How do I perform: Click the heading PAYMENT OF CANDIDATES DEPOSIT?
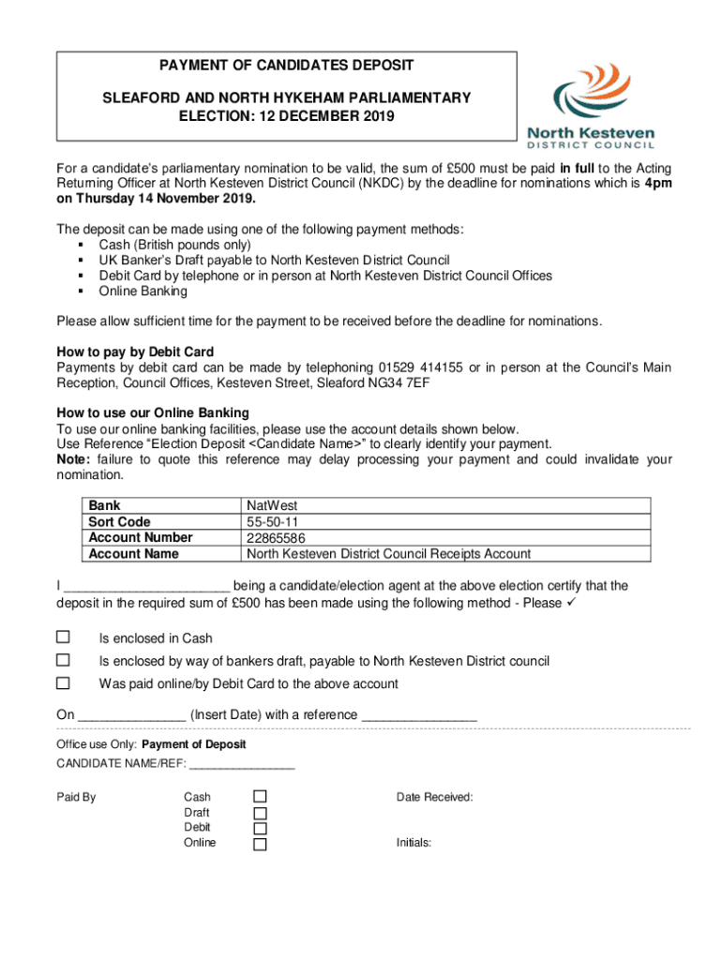pyautogui.click(x=286, y=66)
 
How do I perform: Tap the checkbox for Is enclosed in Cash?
pyautogui.click(x=64, y=637)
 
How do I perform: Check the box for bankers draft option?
pyautogui.click(x=64, y=660)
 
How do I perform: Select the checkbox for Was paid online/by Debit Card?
pyautogui.click(x=64, y=683)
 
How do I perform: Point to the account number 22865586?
pyautogui.click(x=276, y=538)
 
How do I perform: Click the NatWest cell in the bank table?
pyautogui.click(x=272, y=506)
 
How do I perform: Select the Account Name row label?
pyautogui.click(x=133, y=554)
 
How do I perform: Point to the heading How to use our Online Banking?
pyautogui.click(x=153, y=412)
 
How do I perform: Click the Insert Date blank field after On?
pyautogui.click(x=131, y=715)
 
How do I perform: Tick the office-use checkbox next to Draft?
pyautogui.click(x=261, y=813)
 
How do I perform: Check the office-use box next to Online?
pyautogui.click(x=261, y=844)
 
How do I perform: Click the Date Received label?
pyautogui.click(x=434, y=797)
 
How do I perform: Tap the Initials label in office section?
pyautogui.click(x=414, y=843)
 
